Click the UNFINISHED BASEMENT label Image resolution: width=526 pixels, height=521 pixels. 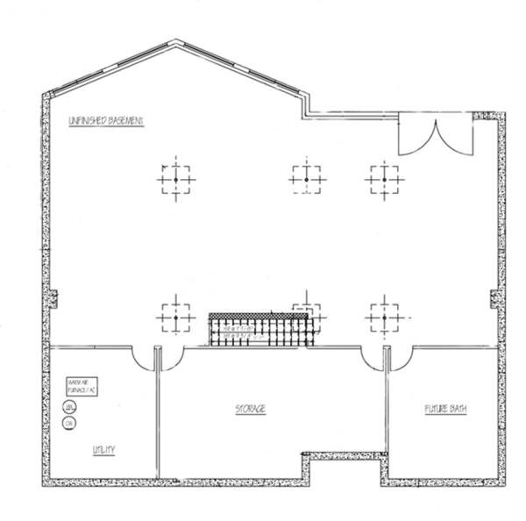pyautogui.click(x=105, y=120)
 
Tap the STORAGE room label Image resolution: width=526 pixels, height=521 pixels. pyautogui.click(x=250, y=410)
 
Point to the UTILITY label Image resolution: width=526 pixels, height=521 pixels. pyautogui.click(x=105, y=451)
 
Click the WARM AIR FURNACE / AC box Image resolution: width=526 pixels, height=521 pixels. pyautogui.click(x=85, y=387)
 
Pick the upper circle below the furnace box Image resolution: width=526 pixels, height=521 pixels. pyautogui.click(x=69, y=406)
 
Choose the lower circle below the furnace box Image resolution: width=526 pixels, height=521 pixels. pyautogui.click(x=69, y=423)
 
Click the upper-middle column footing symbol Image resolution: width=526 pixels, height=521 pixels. pyautogui.click(x=304, y=178)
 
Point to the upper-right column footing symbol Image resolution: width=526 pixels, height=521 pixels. pyautogui.click(x=382, y=178)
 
